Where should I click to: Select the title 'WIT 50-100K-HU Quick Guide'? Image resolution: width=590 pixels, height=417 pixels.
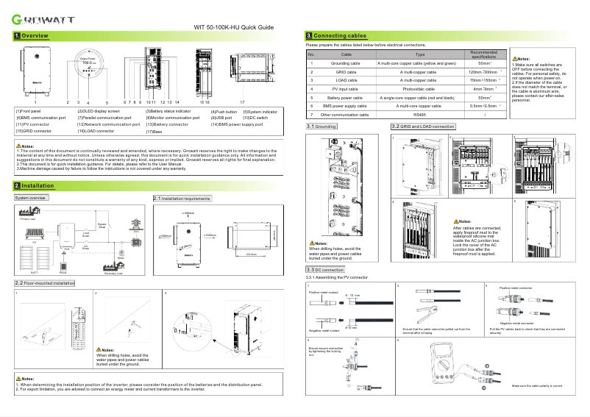233,27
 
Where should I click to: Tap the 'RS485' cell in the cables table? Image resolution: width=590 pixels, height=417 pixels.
419,115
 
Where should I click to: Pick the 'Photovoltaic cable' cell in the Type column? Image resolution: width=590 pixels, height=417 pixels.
419,88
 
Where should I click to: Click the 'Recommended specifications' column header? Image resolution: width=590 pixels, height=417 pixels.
484,54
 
